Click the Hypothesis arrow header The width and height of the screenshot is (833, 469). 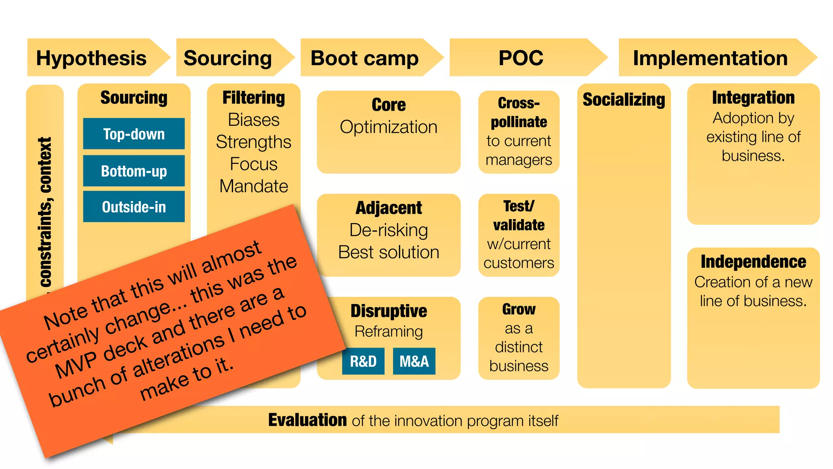pyautogui.click(x=92, y=58)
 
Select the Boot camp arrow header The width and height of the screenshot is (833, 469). pyautogui.click(x=365, y=58)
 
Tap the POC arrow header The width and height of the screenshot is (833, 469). pyautogui.click(x=521, y=58)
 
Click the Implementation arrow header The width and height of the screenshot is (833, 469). pyautogui.click(x=710, y=58)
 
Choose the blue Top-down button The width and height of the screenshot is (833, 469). pyautogui.click(x=134, y=134)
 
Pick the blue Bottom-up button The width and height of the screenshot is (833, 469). pyautogui.click(x=134, y=171)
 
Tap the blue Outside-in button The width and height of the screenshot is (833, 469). pyautogui.click(x=134, y=207)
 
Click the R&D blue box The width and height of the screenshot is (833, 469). pyautogui.click(x=363, y=361)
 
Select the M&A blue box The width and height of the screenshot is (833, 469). pyautogui.click(x=414, y=361)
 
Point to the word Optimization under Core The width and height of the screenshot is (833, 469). pyautogui.click(x=388, y=127)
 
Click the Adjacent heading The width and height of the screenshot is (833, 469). pyautogui.click(x=388, y=208)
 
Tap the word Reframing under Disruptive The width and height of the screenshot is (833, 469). pyautogui.click(x=388, y=331)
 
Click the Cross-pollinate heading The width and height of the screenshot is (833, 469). pyautogui.click(x=519, y=112)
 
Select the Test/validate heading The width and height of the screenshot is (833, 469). pyautogui.click(x=519, y=215)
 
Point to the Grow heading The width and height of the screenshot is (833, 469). pyautogui.click(x=519, y=309)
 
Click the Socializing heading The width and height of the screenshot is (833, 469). pyautogui.click(x=624, y=100)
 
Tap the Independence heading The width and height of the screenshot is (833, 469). pyautogui.click(x=753, y=262)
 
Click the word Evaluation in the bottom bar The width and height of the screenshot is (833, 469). pyautogui.click(x=307, y=420)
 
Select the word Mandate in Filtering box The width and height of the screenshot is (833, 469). pyautogui.click(x=253, y=186)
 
